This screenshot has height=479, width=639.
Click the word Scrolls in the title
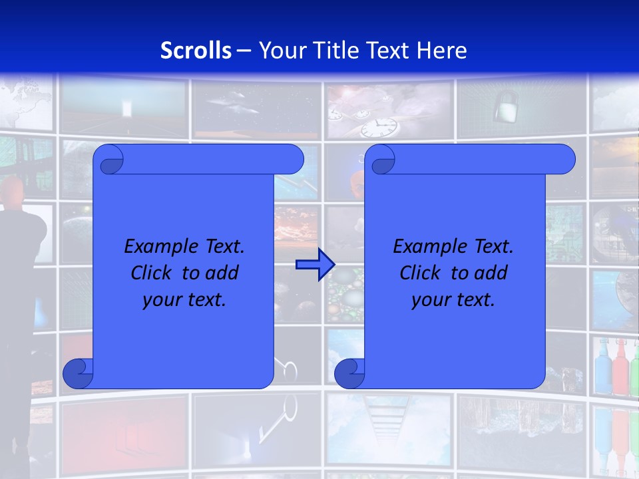point(196,51)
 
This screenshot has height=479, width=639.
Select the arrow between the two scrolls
point(314,265)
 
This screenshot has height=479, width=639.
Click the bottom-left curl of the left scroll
point(78,374)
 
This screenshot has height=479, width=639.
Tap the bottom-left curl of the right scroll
point(349,374)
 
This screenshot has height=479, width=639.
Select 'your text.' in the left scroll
point(184,300)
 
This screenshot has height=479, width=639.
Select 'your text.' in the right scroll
point(453,300)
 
